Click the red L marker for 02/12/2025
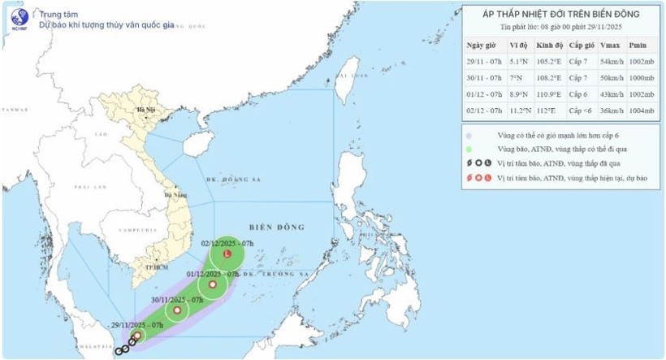[227, 256]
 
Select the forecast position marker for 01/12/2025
[213, 285]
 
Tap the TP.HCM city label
[147, 266]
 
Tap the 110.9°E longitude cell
[550, 96]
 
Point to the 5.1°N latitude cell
[520, 62]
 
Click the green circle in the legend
[469, 149]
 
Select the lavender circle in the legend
[469, 135]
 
